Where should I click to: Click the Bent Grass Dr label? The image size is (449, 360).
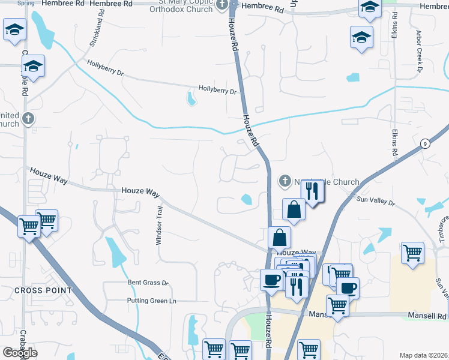(148, 282)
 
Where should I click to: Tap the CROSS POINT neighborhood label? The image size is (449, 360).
(43, 290)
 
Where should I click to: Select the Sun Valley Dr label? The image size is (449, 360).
(376, 202)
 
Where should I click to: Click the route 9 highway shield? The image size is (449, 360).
(424, 143)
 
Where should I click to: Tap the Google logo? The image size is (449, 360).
(20, 353)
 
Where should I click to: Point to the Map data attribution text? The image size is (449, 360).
(423, 355)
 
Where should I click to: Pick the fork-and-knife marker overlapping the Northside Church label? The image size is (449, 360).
(313, 192)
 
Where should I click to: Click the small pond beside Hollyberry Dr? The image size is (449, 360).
(191, 98)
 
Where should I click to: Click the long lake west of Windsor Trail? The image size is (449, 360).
(115, 251)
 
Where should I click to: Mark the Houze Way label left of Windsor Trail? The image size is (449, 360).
(140, 191)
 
